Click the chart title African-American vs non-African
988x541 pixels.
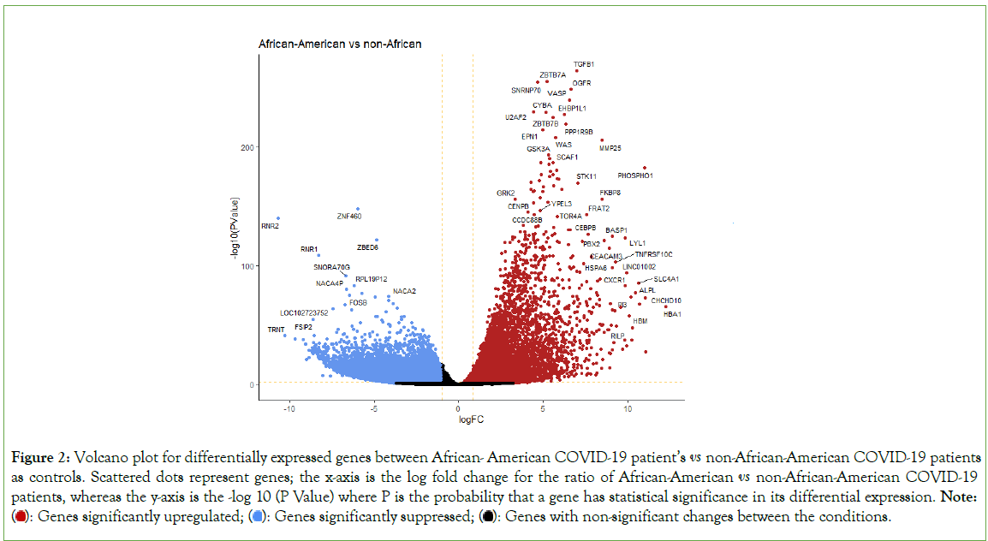(x=341, y=43)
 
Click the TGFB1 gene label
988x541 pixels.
(x=584, y=64)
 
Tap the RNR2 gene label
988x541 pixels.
(x=271, y=226)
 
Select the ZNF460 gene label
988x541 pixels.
(x=349, y=216)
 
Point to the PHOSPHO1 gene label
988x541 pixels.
(x=635, y=175)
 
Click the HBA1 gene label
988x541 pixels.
(x=673, y=314)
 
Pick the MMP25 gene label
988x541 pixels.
(x=610, y=148)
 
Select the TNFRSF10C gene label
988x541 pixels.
(x=654, y=254)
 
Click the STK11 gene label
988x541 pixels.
(x=586, y=176)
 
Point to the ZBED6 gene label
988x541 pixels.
(x=367, y=247)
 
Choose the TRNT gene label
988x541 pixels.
(x=276, y=330)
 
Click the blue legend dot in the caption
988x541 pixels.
(x=256, y=517)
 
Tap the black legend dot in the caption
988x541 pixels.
(x=487, y=517)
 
